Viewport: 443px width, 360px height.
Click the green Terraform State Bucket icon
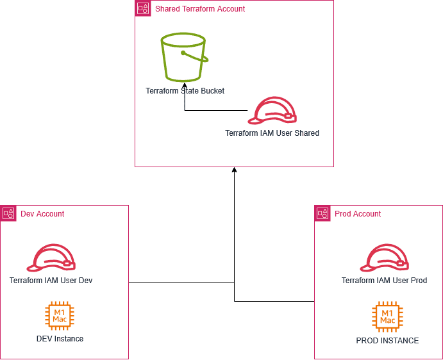click(x=185, y=58)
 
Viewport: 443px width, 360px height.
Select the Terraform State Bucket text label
click(x=185, y=91)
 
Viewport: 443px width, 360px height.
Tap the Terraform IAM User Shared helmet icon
click(x=272, y=111)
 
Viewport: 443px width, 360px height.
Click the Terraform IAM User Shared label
click(x=272, y=133)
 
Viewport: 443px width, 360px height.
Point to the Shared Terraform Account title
click(x=200, y=9)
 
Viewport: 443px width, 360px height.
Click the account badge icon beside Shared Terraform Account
click(x=142, y=8)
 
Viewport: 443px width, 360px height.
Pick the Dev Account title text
click(x=42, y=214)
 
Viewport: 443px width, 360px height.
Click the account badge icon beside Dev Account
click(x=8, y=213)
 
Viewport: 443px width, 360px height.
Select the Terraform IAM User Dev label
click(x=51, y=281)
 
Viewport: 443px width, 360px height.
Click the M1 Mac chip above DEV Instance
click(x=60, y=315)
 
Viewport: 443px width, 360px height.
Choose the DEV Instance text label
click(x=60, y=338)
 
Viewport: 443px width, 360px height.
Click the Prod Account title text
click(x=358, y=214)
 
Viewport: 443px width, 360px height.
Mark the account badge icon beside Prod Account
click(x=322, y=213)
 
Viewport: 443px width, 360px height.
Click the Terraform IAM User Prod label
click(x=384, y=281)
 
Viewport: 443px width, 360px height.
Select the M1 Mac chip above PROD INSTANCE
click(x=387, y=315)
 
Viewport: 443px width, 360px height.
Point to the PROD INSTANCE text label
click(x=387, y=341)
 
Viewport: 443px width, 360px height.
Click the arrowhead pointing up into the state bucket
click(x=185, y=85)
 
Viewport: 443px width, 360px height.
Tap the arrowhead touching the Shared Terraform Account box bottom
click(x=235, y=170)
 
